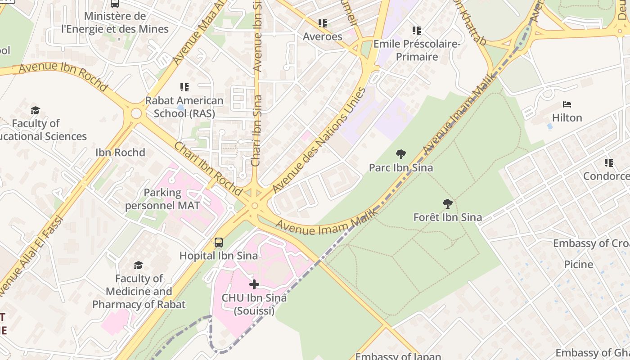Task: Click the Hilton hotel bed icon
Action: (x=567, y=104)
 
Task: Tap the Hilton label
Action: (x=567, y=117)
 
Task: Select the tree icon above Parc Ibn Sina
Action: (x=400, y=154)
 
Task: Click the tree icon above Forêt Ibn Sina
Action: (x=447, y=204)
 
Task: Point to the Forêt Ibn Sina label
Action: (x=447, y=217)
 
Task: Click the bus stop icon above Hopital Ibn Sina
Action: (x=219, y=243)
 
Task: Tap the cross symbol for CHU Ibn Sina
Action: (x=254, y=284)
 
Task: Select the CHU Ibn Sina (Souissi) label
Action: (x=254, y=304)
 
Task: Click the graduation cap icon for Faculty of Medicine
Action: (x=138, y=265)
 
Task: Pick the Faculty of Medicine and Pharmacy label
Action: (x=139, y=291)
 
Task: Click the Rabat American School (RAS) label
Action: (x=184, y=107)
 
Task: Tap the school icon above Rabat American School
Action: (x=184, y=87)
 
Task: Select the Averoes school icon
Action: (x=322, y=23)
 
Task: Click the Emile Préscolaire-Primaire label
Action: (x=417, y=50)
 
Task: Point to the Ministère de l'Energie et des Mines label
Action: (x=115, y=22)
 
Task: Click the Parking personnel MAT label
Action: (x=162, y=199)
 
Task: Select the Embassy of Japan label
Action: (x=398, y=356)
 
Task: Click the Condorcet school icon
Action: (x=609, y=162)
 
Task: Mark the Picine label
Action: (x=578, y=264)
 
